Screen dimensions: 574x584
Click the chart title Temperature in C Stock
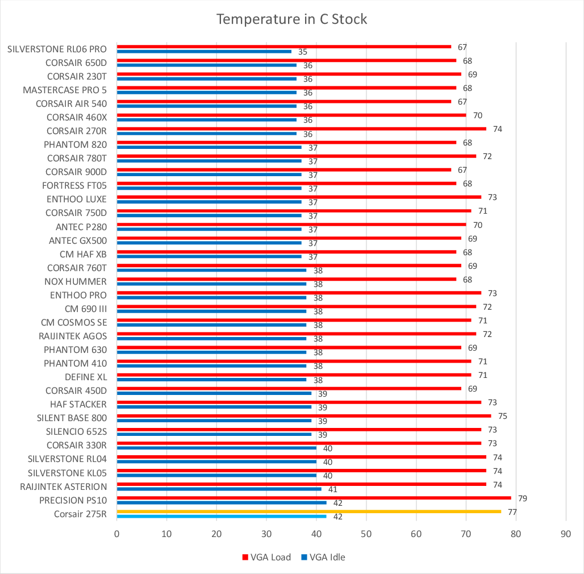pyautogui.click(x=292, y=19)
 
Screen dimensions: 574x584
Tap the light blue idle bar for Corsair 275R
pyautogui.click(x=222, y=516)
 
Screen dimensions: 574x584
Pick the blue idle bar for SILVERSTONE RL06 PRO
pyautogui.click(x=204, y=51)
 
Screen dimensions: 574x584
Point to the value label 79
pyautogui.click(x=522, y=498)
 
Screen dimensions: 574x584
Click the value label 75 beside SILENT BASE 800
pyautogui.click(x=502, y=416)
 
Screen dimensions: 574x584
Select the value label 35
pyautogui.click(x=303, y=52)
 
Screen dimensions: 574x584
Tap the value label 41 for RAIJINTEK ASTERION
pyautogui.click(x=333, y=489)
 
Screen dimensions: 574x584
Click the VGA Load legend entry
pyautogui.click(x=266, y=557)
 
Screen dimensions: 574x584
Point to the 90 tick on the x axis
pyautogui.click(x=566, y=534)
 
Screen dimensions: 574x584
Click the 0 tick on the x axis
pyautogui.click(x=116, y=534)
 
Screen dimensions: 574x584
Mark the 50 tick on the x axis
pyautogui.click(x=366, y=534)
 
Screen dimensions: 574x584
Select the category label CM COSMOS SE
pyautogui.click(x=74, y=322)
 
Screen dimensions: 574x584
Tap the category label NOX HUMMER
pyautogui.click(x=76, y=281)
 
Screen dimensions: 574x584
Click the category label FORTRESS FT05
pyautogui.click(x=74, y=185)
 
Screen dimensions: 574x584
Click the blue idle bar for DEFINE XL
pyautogui.click(x=211, y=379)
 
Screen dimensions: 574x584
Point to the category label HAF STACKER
pyautogui.click(x=78, y=404)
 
